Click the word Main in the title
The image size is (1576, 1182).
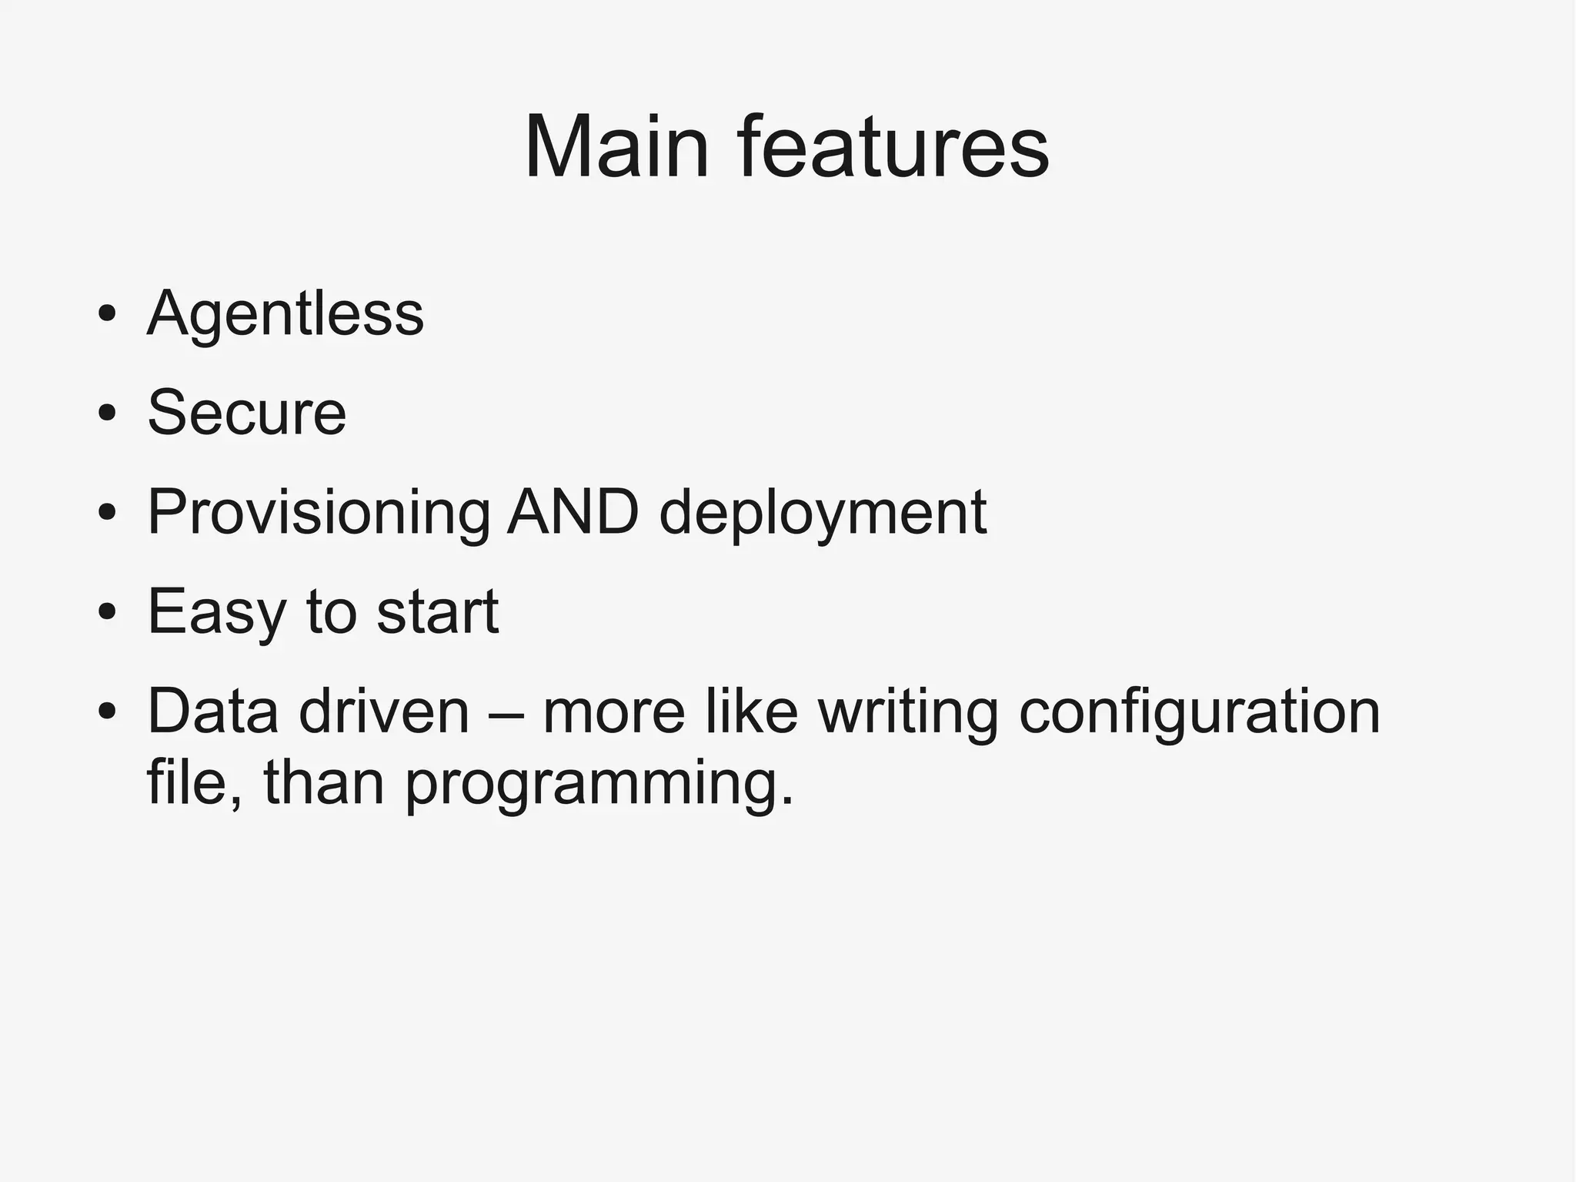[x=616, y=146]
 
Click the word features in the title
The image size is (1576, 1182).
[x=893, y=146]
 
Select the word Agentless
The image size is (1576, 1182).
[x=285, y=314]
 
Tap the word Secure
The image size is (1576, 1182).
[x=246, y=413]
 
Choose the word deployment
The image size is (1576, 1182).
[x=823, y=514]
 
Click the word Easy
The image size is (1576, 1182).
[x=216, y=612]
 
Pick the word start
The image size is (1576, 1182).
[x=438, y=612]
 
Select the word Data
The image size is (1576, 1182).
[x=212, y=711]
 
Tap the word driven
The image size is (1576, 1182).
[x=384, y=711]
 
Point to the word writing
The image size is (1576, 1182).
[x=908, y=712]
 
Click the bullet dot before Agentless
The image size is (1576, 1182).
[x=107, y=315]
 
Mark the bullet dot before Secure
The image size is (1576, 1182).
[x=107, y=414]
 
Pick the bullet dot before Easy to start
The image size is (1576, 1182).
[x=107, y=612]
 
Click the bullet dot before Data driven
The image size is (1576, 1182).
[x=107, y=712]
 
